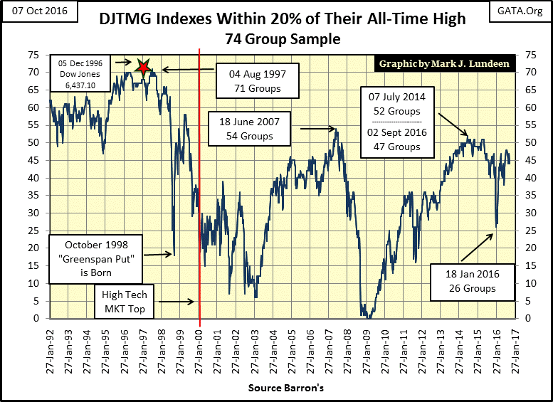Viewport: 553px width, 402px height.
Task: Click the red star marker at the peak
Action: pyautogui.click(x=144, y=68)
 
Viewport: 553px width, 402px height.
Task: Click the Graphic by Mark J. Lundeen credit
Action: pyautogui.click(x=445, y=64)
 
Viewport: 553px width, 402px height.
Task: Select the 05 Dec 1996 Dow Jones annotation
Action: pyautogui.click(x=79, y=75)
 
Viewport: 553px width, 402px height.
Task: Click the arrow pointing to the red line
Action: pyautogui.click(x=177, y=302)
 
